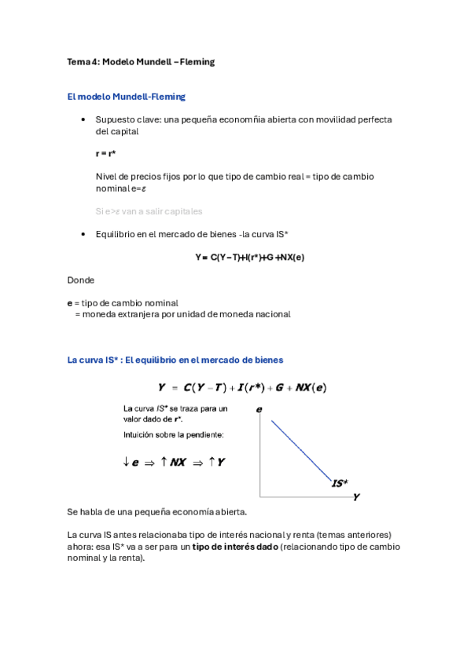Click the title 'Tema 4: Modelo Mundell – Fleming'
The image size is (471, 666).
coord(141,62)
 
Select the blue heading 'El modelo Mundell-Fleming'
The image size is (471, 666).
coord(127,97)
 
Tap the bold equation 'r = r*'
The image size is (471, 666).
coord(106,154)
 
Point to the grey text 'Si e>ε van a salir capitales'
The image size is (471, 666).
coord(149,211)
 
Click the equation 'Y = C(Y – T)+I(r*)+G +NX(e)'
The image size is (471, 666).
coord(250,257)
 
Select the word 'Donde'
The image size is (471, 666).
coord(81,279)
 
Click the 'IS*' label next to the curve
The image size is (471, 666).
coord(340,484)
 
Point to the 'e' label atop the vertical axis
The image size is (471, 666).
coord(259,409)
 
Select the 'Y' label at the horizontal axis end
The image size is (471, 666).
coord(356,497)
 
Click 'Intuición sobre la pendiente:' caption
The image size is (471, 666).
coord(173,434)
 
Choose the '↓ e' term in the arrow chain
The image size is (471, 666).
coord(131,463)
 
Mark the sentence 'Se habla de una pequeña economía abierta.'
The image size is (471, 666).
coord(157,512)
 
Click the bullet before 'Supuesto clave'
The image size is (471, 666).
coord(83,120)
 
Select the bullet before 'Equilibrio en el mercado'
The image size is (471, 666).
coord(83,235)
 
